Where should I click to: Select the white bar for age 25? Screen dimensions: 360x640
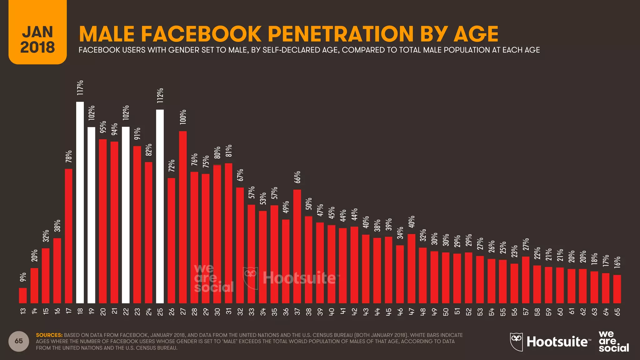pos(160,206)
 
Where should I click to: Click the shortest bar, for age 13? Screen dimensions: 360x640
pos(23,296)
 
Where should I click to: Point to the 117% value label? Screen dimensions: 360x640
pos(80,88)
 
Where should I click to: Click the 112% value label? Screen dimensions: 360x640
pos(160,96)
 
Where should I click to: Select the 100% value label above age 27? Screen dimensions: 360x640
pos(183,117)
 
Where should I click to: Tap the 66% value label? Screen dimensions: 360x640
pos(297,177)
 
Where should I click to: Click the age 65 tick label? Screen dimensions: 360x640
pos(617,312)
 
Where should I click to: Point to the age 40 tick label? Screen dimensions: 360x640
pos(332,312)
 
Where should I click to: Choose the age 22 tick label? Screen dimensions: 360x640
pos(126,312)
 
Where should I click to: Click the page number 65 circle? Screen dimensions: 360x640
pos(19,341)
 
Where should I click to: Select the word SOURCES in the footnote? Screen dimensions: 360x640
pos(49,335)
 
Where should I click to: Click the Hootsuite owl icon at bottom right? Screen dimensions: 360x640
pos(516,342)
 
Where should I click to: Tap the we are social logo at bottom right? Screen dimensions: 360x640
pos(613,341)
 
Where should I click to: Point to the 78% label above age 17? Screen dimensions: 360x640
pos(69,157)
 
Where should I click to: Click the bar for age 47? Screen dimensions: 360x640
pos(412,269)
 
